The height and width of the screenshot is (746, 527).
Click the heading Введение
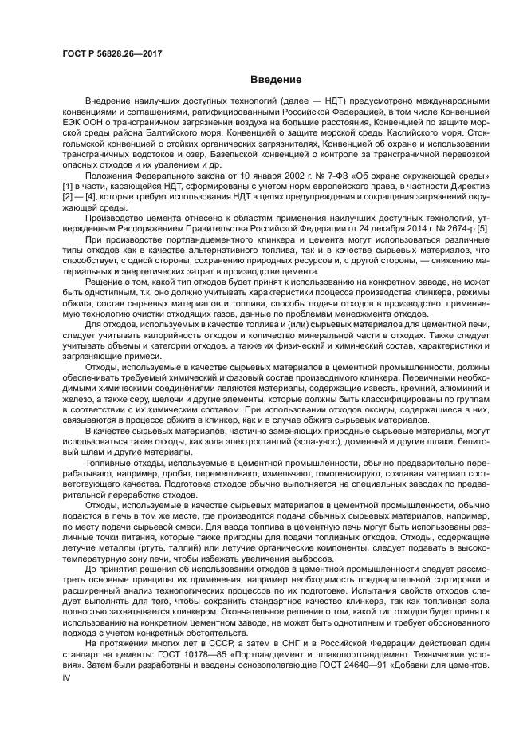pos(275,80)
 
